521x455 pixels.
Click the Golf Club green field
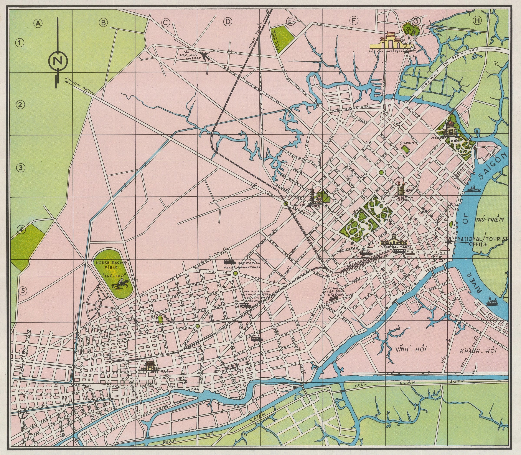coord(282,38)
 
